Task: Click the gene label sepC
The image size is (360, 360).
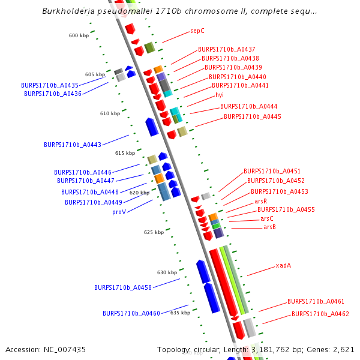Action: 197,30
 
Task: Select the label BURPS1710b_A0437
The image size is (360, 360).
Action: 227,49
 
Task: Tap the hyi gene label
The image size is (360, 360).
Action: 219,95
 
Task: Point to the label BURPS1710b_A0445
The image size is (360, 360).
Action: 252,116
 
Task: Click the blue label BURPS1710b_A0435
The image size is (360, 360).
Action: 50,85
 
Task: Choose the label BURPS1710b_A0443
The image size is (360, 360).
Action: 73,145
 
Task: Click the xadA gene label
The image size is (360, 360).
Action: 283,265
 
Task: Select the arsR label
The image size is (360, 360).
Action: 260,201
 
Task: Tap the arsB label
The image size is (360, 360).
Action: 269,227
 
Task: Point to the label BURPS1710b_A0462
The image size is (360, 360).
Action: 320,314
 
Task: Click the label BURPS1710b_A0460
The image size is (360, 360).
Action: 131,313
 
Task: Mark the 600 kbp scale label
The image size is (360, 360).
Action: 79,35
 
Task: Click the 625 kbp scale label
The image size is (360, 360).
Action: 154,232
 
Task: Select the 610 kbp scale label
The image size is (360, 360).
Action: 110,113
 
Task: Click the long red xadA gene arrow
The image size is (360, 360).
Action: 223,282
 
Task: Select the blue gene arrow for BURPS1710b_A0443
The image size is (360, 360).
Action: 152,126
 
